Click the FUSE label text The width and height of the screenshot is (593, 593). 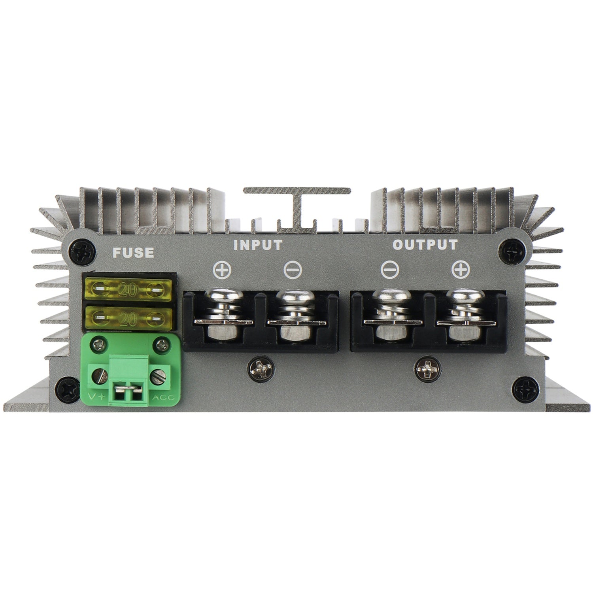(x=133, y=252)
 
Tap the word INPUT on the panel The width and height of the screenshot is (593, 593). (x=258, y=245)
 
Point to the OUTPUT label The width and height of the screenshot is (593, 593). (x=425, y=245)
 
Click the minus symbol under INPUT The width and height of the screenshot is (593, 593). (x=293, y=271)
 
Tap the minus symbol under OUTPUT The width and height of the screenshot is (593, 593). (x=389, y=271)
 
